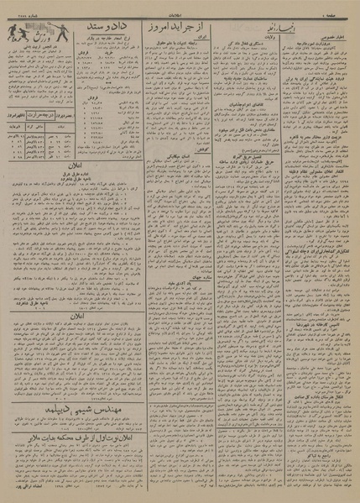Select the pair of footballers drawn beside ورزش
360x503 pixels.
(16, 33)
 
